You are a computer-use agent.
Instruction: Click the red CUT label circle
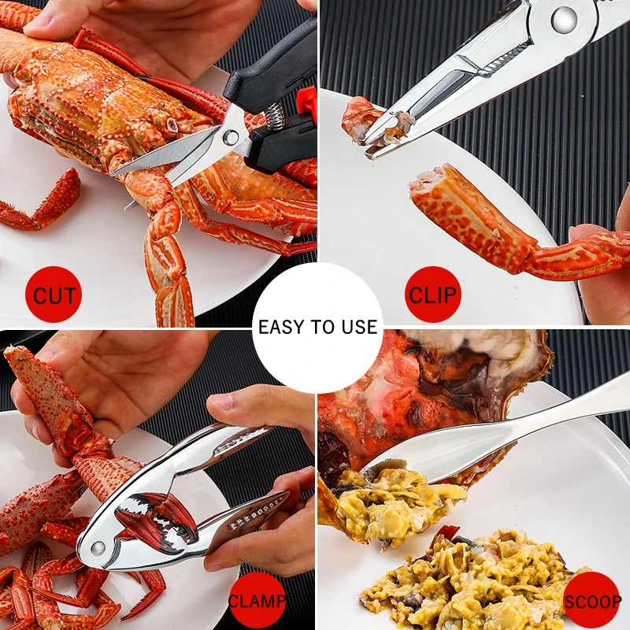click(x=53, y=296)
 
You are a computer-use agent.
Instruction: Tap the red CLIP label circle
click(x=432, y=295)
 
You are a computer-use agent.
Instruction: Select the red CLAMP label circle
click(x=257, y=602)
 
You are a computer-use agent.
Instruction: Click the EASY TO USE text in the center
click(x=317, y=327)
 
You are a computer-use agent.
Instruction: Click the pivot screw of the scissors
click(x=232, y=138)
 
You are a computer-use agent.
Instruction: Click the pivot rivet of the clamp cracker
click(x=98, y=547)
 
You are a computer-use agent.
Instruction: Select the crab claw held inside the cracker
click(x=157, y=516)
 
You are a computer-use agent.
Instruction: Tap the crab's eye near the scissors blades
click(x=172, y=124)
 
